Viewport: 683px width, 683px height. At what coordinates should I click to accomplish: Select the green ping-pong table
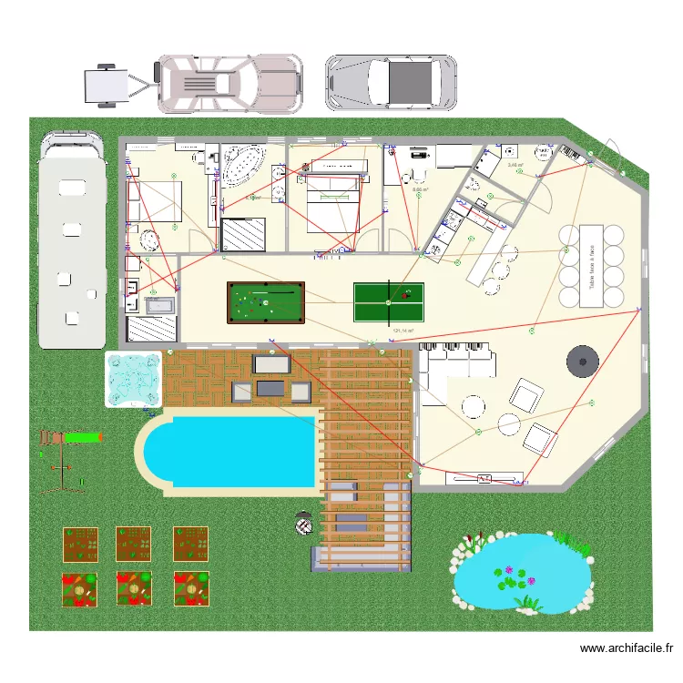388,301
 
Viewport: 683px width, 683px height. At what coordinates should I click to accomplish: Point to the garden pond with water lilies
515,574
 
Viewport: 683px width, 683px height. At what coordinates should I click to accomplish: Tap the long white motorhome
69,241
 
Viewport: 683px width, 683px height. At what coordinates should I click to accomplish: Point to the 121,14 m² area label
403,331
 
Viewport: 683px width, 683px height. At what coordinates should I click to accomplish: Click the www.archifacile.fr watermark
626,648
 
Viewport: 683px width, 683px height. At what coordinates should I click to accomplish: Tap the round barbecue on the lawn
303,525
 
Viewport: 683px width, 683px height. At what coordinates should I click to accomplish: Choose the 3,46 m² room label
515,166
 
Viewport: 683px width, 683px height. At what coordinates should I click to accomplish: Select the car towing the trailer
229,84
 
